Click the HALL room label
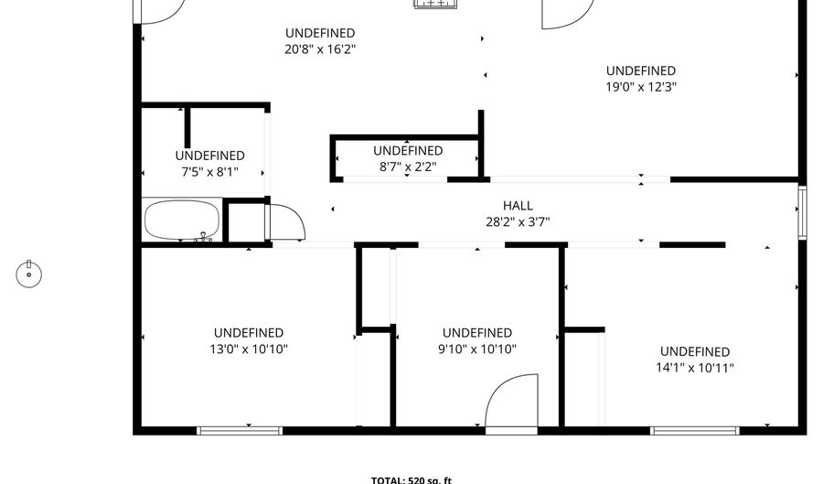(518, 206)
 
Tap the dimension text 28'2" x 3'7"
(518, 221)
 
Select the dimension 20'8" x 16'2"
(319, 49)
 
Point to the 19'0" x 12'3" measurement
(640, 87)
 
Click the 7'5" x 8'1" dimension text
(209, 171)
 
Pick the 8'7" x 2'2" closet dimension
(407, 167)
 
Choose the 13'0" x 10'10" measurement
(248, 349)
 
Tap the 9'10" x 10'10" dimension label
(476, 349)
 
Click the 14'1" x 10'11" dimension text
(695, 368)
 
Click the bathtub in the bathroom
(182, 220)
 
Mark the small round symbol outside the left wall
(29, 272)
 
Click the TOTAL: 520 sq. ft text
(411, 479)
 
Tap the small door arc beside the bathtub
(286, 220)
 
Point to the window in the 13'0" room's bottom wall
(227, 429)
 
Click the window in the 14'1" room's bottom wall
(695, 429)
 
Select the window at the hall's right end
(802, 211)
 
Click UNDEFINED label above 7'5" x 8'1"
(209, 156)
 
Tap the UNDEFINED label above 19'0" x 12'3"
(640, 70)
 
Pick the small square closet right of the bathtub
(244, 221)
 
